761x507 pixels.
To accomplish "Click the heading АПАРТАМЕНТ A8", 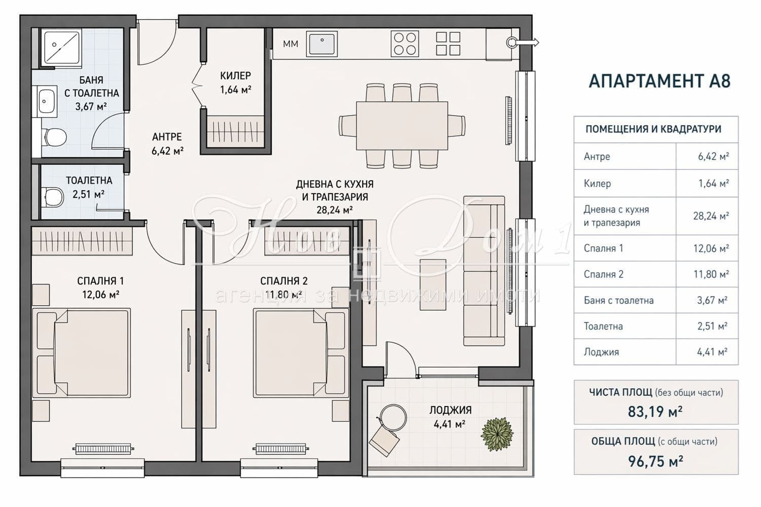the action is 660,81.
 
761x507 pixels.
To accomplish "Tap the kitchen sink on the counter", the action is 322,44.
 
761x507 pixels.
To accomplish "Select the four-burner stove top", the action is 405,44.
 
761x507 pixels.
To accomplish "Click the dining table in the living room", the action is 402,126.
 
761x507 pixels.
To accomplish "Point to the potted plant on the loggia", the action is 497,433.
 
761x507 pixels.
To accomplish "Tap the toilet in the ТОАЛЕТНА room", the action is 53,197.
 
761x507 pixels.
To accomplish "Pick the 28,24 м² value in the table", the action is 711,216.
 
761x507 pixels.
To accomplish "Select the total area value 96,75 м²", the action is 655,461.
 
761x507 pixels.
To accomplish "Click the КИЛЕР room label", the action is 235,76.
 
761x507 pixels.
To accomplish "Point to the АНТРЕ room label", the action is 167,137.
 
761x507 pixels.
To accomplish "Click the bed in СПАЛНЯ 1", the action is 82,353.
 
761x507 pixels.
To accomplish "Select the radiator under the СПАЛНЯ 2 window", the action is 281,449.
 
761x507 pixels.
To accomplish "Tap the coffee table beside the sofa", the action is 433,284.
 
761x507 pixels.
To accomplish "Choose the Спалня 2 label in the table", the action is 603,274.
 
